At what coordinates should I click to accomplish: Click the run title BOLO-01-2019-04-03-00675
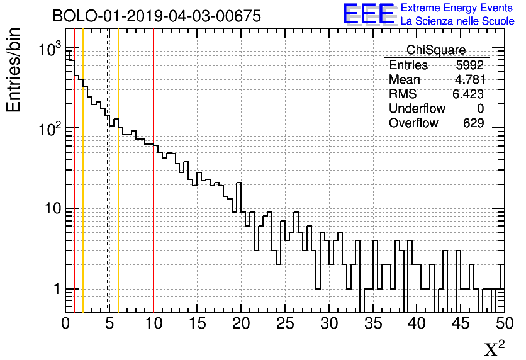coord(157,16)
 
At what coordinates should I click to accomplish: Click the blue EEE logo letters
coord(368,14)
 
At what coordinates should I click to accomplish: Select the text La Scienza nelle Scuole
coord(457,21)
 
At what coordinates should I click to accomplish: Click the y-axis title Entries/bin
coord(14,69)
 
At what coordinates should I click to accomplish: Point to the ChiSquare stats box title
coord(436,50)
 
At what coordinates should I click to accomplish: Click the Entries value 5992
coord(469,65)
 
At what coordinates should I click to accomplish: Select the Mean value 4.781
coord(469,80)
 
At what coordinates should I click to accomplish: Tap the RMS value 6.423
coord(468,94)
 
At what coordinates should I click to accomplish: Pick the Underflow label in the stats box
coord(417,108)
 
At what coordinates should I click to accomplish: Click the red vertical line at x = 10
coord(154,189)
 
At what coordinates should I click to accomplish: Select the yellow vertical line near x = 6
coord(118,189)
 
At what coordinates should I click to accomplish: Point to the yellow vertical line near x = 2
coord(83,189)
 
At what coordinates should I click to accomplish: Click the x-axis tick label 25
coord(285,323)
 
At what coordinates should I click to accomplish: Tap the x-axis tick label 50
coord(503,323)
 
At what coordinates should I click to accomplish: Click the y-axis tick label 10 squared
coord(47,128)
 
